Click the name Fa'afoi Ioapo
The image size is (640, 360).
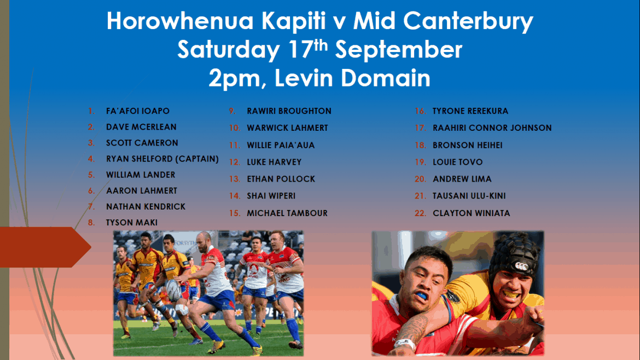[x=137, y=111]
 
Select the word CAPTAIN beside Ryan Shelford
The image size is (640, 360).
[x=197, y=159]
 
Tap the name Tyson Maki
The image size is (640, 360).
[x=131, y=223]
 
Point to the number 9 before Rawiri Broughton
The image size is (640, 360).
[x=232, y=111]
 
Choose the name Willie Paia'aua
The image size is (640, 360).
[x=281, y=146]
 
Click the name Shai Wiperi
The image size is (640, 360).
[x=271, y=196]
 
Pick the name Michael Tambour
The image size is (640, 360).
[x=287, y=213]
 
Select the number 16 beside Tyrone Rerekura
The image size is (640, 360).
[x=420, y=111]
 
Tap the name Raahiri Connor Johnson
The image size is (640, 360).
[x=492, y=128]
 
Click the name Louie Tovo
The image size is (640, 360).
[x=457, y=162]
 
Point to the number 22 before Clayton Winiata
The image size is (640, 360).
[x=420, y=213]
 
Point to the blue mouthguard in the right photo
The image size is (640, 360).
[x=422, y=295]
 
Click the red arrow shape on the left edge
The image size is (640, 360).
[x=45, y=247]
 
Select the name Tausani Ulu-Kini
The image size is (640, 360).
[x=469, y=196]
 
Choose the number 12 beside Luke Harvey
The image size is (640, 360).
[x=234, y=162]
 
